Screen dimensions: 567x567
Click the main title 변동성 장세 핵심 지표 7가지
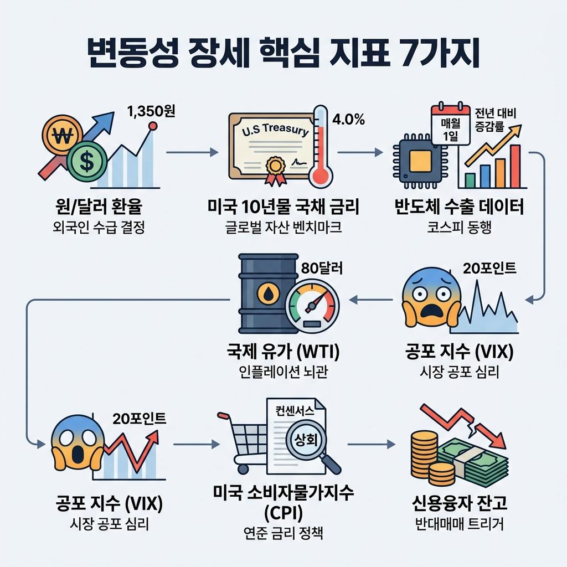283,54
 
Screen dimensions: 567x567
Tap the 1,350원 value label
151,111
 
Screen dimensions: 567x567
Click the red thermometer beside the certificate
321,147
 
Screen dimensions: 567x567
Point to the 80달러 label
321,268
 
